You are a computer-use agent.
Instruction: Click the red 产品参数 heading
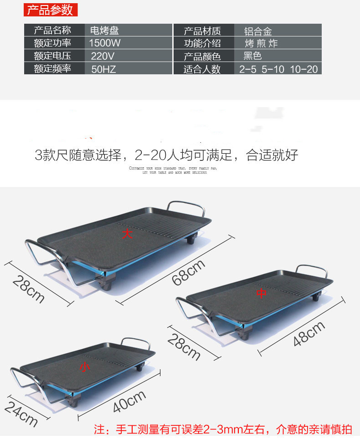tap(50, 10)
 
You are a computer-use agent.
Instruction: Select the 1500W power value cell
tap(105, 43)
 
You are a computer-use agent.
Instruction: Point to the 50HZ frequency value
tap(103, 69)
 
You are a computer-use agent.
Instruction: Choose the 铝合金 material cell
tap(258, 31)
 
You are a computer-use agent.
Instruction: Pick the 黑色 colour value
tap(253, 57)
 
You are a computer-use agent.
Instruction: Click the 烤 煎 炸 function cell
tap(261, 44)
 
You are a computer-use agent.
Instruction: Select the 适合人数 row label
tap(202, 69)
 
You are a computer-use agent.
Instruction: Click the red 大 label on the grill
tap(127, 234)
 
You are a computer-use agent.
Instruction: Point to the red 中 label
tap(261, 294)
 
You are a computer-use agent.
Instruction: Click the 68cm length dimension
tap(188, 273)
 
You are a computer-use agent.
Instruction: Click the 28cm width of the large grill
tap(29, 289)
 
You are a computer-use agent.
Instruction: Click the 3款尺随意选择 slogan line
tap(166, 155)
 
